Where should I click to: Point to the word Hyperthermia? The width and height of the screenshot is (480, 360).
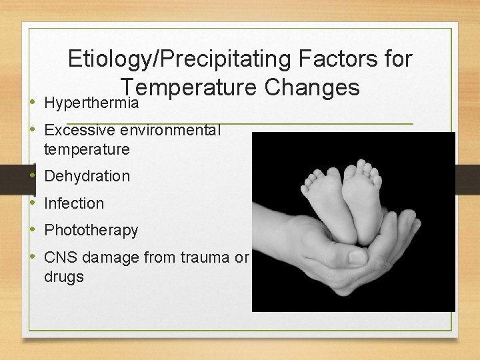(x=91, y=103)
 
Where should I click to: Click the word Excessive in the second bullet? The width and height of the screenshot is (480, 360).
(x=79, y=130)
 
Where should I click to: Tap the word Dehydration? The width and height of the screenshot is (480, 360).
(x=87, y=176)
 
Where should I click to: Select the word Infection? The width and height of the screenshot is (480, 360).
(x=74, y=203)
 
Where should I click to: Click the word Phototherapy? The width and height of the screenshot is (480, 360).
(x=91, y=230)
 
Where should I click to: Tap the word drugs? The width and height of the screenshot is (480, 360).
(x=63, y=276)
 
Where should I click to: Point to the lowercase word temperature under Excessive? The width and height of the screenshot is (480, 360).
(x=87, y=149)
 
